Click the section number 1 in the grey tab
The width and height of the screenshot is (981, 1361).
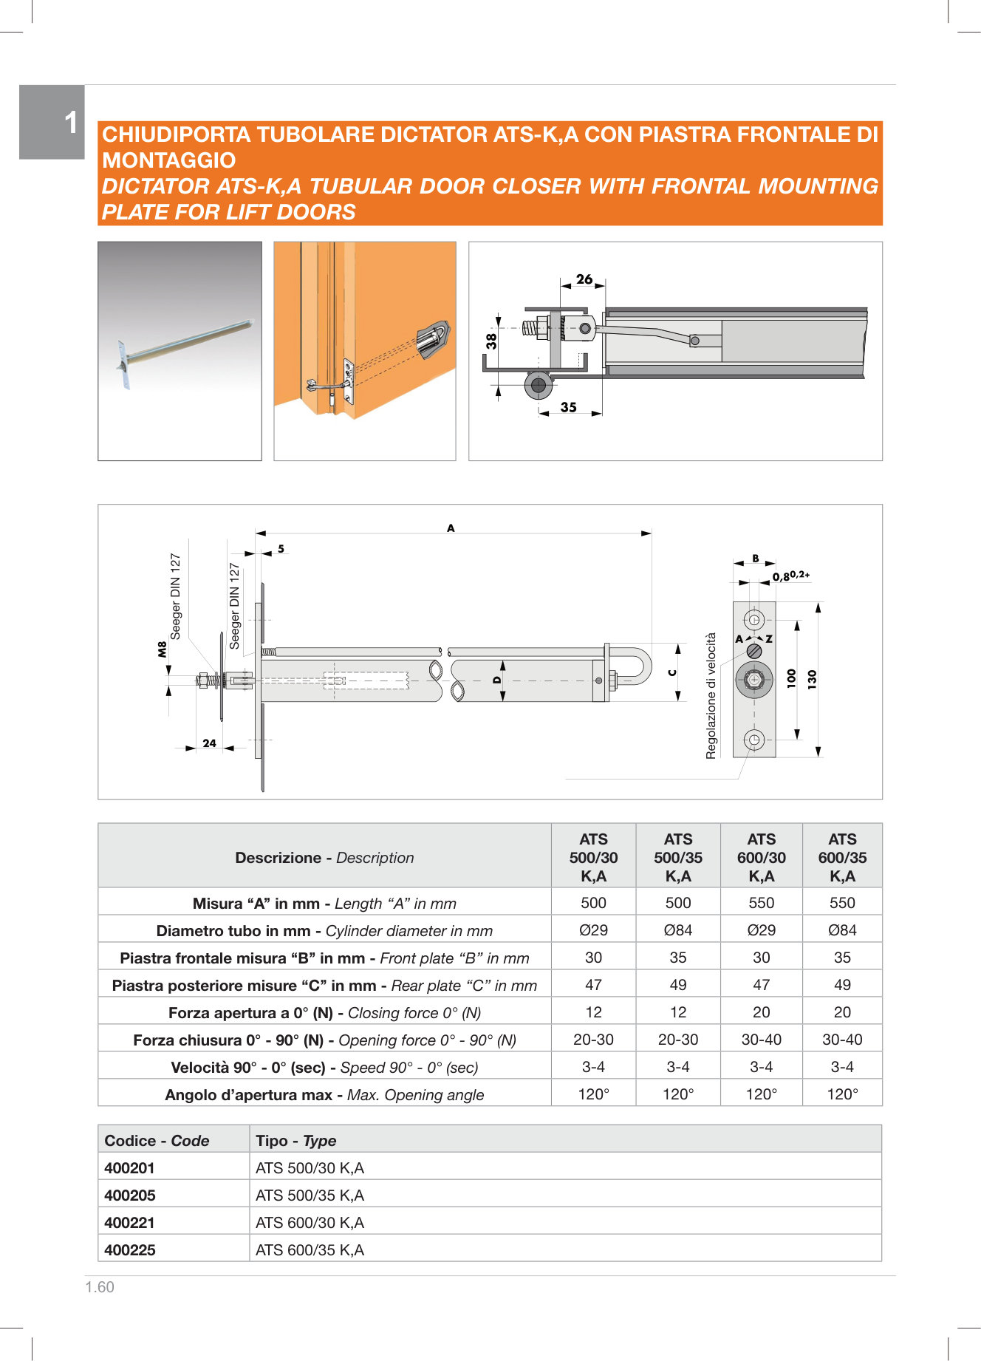pos(70,123)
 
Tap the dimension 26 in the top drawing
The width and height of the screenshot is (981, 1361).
pos(584,279)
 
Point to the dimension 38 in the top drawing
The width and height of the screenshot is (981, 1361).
pos(492,341)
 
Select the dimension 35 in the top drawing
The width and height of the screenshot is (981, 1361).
pos(568,407)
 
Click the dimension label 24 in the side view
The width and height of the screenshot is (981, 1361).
pos(209,743)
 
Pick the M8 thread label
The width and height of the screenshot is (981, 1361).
pos(162,649)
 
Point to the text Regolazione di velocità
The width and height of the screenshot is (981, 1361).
pos(711,695)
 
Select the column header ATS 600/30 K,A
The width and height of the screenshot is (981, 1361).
pos(761,857)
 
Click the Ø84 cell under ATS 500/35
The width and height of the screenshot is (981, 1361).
pos(677,930)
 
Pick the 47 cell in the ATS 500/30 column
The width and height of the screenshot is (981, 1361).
pos(593,985)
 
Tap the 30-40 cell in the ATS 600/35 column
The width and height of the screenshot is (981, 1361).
pos(842,1040)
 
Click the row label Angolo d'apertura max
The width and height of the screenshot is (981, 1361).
pos(324,1095)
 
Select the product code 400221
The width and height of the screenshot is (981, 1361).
pos(130,1223)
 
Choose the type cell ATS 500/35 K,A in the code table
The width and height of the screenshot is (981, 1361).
pos(310,1195)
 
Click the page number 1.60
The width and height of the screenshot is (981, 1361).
pos(100,1287)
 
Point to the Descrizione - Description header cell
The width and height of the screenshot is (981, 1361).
pos(324,858)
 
